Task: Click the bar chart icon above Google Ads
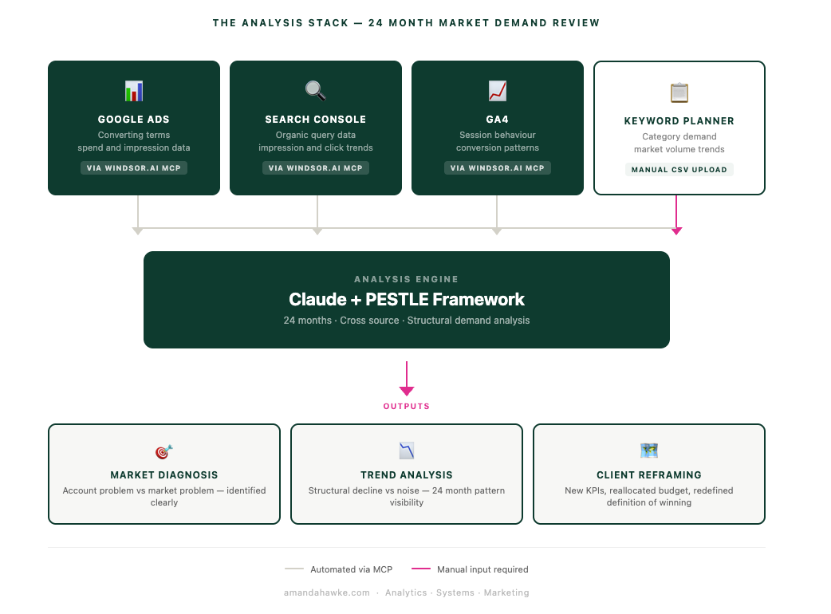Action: point(133,91)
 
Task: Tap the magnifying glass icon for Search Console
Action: point(315,91)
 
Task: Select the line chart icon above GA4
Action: point(497,91)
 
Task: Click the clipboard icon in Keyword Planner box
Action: point(679,92)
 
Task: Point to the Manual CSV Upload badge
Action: point(679,170)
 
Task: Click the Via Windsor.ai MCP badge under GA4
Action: point(497,168)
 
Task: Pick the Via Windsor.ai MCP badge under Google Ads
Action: point(133,168)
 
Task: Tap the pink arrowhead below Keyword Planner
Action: point(676,231)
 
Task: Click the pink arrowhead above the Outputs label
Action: point(407,392)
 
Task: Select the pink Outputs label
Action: point(407,407)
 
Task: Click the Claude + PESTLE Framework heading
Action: point(407,299)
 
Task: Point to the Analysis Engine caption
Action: point(407,279)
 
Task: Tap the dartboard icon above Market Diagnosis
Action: point(164,451)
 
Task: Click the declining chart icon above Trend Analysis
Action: point(407,451)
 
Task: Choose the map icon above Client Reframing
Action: point(648,451)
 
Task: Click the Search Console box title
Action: point(315,120)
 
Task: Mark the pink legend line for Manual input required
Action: point(421,569)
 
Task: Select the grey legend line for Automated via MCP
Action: point(294,569)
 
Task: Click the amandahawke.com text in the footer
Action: point(326,592)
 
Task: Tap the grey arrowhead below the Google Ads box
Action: point(138,231)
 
